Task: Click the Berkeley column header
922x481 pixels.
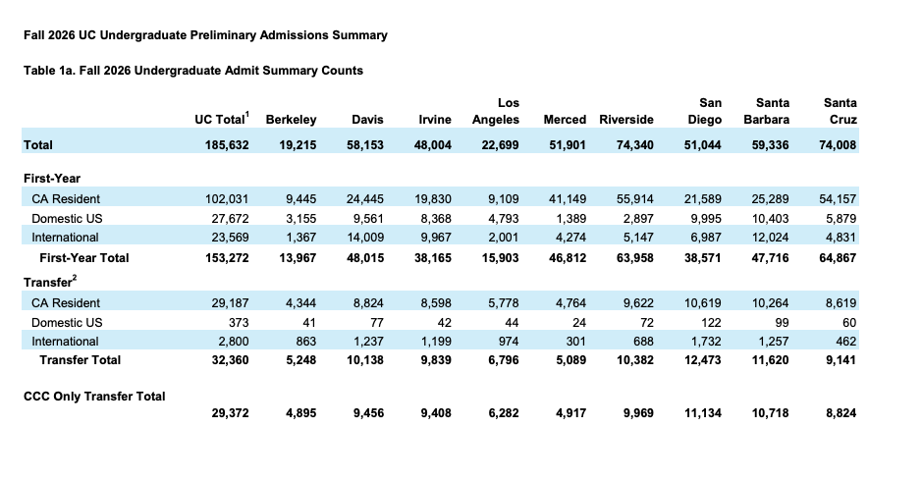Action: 291,120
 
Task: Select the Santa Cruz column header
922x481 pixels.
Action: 840,111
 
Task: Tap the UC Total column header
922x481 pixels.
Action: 222,119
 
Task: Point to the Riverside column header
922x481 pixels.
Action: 626,120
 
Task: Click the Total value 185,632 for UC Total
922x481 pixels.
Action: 227,145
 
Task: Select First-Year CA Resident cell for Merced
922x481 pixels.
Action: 568,199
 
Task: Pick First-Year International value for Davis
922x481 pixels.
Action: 365,238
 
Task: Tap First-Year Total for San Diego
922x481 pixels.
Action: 702,258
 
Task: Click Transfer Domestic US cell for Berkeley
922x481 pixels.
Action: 309,323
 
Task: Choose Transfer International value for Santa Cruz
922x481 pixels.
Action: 844,342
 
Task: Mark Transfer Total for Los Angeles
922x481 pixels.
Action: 504,360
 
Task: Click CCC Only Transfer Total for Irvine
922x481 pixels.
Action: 436,413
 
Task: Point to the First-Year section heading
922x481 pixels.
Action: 52,179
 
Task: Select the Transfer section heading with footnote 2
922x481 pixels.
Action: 50,282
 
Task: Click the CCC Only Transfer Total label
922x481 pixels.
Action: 94,397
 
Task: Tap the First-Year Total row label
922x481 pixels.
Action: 84,258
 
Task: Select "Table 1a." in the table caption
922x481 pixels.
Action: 48,71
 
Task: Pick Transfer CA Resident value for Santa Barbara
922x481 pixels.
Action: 770,303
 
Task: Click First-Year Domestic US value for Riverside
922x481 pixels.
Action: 638,219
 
